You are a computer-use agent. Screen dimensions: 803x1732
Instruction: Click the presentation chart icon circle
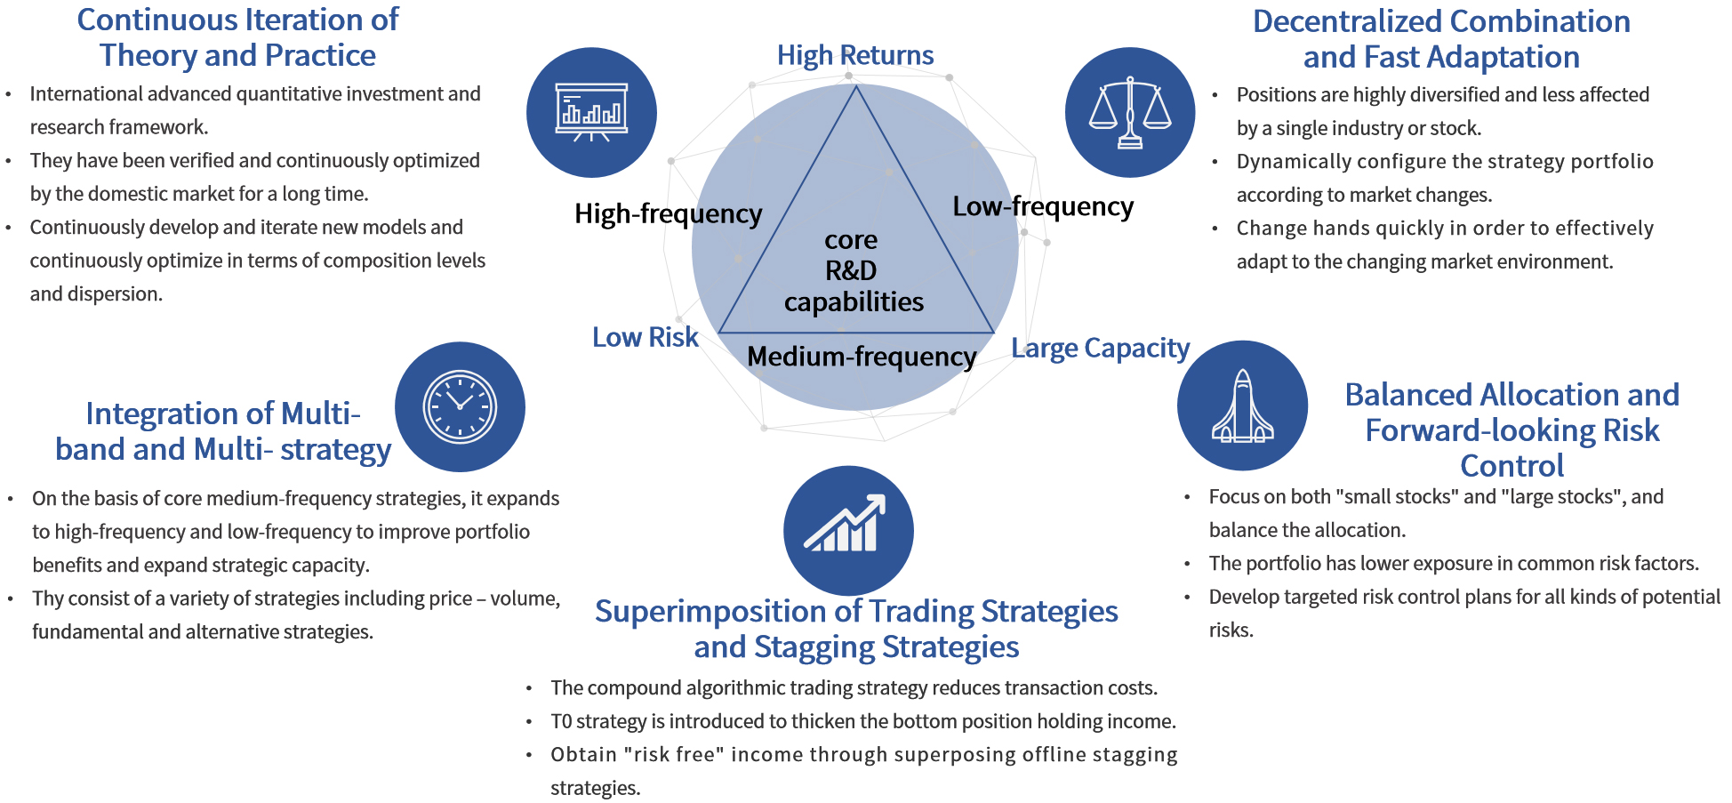click(x=591, y=112)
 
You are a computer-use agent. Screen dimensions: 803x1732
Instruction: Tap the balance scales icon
click(x=1130, y=112)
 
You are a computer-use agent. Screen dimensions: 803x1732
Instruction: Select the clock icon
click(x=460, y=406)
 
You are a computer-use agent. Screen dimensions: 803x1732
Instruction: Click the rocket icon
click(x=1242, y=406)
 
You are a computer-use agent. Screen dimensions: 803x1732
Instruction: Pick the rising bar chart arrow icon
click(x=847, y=530)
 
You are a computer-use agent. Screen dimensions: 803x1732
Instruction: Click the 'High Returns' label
click(x=855, y=55)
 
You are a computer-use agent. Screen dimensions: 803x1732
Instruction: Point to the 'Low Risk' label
click(x=645, y=337)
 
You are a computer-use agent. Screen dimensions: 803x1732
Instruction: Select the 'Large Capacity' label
click(x=1100, y=348)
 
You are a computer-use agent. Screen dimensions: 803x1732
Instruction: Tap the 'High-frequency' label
click(x=668, y=213)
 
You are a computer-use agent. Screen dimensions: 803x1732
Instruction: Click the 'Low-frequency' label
click(x=1043, y=206)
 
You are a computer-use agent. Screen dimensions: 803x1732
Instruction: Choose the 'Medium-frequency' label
click(x=862, y=357)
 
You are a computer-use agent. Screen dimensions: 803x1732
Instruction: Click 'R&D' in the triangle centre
click(x=851, y=270)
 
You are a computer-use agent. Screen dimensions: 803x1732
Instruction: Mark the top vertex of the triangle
click(x=856, y=86)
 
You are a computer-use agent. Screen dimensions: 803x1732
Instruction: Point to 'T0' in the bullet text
click(x=561, y=721)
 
